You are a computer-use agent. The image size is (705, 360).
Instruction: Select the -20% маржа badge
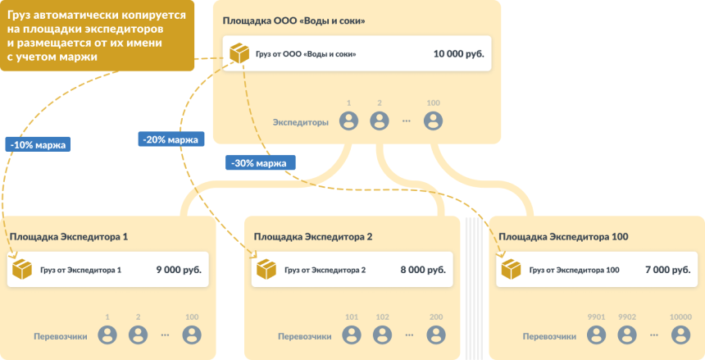point(171,139)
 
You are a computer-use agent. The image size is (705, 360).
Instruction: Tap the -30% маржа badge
point(260,162)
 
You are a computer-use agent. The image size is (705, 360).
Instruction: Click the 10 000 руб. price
point(458,54)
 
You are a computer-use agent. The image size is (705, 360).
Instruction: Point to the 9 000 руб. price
point(179,269)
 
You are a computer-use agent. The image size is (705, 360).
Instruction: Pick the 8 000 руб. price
point(423,269)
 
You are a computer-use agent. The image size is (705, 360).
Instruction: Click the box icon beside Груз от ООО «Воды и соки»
point(239,54)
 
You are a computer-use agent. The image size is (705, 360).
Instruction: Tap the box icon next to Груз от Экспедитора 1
point(22,269)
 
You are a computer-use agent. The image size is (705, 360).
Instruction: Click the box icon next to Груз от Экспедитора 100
point(512,269)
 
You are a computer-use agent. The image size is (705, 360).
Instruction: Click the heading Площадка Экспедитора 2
point(313,237)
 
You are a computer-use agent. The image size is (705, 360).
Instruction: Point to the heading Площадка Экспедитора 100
point(563,237)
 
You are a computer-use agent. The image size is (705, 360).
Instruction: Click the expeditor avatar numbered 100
point(433,121)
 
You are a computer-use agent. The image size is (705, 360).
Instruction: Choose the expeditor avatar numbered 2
point(379,121)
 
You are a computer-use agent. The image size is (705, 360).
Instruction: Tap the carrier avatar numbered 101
point(352,335)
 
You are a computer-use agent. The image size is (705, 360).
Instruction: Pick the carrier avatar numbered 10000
point(681,335)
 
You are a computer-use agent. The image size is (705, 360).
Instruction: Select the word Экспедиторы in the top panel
point(301,122)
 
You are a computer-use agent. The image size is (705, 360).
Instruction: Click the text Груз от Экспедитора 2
point(325,270)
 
